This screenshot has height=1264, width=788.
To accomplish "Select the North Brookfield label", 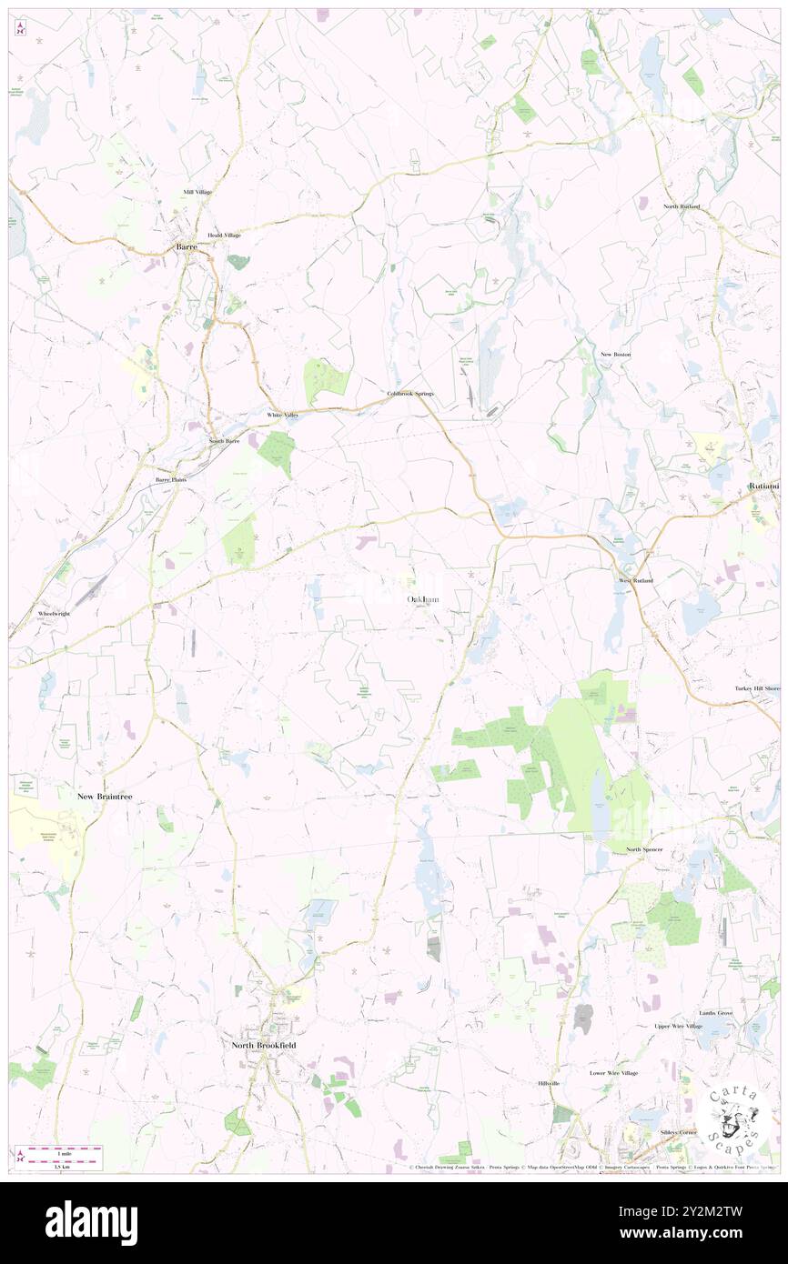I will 263,1046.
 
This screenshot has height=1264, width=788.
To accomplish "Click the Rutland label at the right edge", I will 764,486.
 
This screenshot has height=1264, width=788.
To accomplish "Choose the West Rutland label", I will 636,580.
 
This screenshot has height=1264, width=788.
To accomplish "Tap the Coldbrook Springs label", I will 410,394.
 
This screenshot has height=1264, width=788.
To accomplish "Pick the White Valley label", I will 282,415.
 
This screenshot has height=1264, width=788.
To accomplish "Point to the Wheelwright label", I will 55,614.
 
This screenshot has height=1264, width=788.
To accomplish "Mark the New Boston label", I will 615,354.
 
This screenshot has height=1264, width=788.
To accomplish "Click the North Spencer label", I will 644,849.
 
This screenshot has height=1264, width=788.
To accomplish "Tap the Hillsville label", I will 549,1083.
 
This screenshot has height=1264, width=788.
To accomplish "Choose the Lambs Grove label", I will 715,1012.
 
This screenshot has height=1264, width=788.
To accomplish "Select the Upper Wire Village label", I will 678,1027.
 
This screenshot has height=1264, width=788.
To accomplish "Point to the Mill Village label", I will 197,192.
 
